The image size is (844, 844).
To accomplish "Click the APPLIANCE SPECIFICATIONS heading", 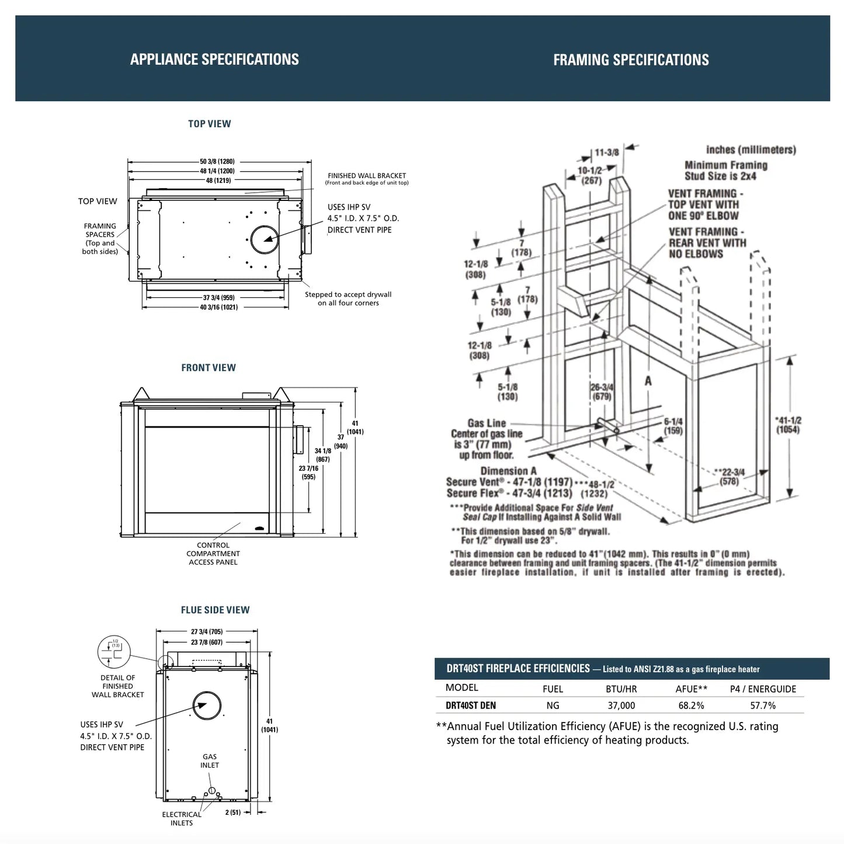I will click(x=214, y=60).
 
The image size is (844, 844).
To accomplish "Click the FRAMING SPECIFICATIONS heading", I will click(x=631, y=60).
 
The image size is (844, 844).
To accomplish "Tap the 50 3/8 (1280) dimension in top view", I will click(x=217, y=161).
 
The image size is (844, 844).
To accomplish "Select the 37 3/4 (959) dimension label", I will click(x=219, y=297).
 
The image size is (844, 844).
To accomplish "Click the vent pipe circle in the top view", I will click(x=265, y=239).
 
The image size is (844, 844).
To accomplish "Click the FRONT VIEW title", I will click(x=209, y=368).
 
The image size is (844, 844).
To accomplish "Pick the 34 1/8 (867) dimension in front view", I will click(x=322, y=454).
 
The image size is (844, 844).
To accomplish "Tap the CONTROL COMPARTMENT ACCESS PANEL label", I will click(x=213, y=554).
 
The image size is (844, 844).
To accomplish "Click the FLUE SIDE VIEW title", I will click(x=215, y=610).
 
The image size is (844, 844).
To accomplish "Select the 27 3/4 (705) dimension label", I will click(x=207, y=631).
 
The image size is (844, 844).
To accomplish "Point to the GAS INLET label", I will click(x=210, y=760).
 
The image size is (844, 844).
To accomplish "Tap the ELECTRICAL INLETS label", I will click(x=182, y=818).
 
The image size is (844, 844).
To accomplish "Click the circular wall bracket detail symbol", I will click(x=114, y=652).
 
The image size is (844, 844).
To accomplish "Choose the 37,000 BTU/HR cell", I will click(x=621, y=706).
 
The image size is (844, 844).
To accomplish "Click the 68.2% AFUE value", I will click(x=691, y=706).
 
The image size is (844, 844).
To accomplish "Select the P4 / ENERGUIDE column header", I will click(x=763, y=689).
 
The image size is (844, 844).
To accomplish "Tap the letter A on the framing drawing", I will click(x=648, y=381).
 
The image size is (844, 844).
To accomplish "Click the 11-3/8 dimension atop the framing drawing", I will click(x=607, y=152).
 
